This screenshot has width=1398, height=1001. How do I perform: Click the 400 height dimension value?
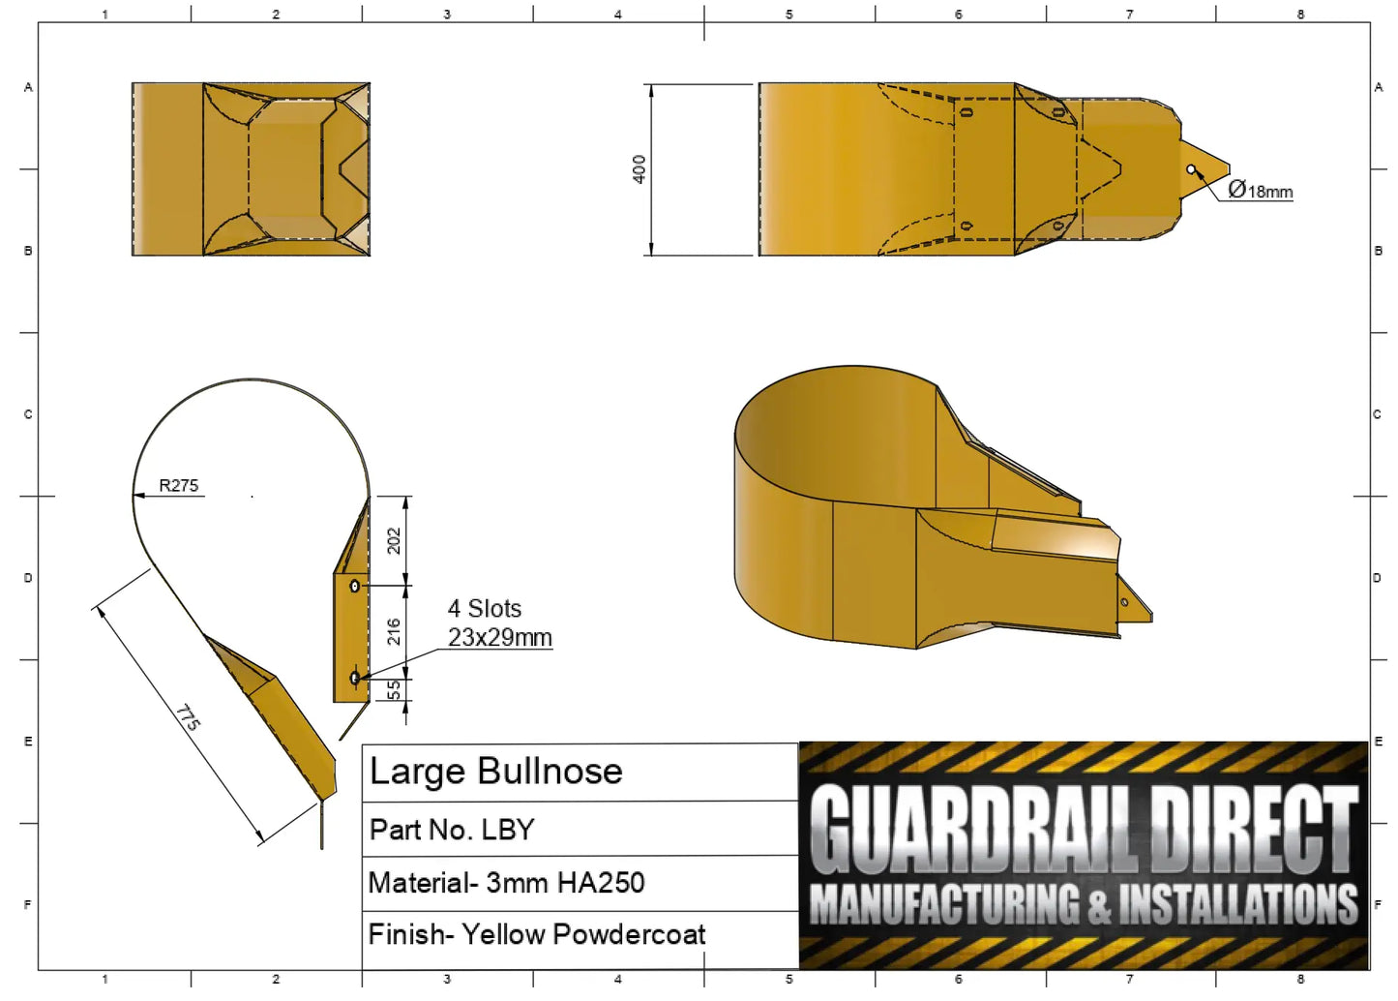click(640, 169)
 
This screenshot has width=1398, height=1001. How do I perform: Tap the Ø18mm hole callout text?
click(1260, 190)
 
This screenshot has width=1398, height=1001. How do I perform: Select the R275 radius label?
click(178, 485)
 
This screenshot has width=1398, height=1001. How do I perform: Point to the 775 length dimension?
click(189, 717)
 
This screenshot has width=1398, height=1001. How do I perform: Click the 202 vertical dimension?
click(394, 541)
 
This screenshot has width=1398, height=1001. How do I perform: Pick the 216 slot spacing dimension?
click(394, 631)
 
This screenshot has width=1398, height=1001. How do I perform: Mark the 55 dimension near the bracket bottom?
click(394, 689)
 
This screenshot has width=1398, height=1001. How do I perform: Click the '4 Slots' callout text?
click(485, 608)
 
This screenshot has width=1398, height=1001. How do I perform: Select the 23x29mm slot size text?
click(500, 638)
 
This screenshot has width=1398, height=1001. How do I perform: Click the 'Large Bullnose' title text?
click(496, 772)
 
